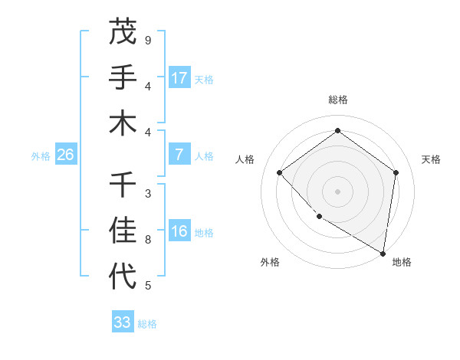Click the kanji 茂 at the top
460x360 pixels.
point(122,31)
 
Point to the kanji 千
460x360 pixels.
point(122,185)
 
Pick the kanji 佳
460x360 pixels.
point(122,231)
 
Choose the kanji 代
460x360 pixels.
point(122,277)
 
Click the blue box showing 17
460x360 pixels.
point(179,77)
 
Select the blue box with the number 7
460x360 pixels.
point(179,155)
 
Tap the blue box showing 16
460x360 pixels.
point(179,231)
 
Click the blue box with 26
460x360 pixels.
point(65,155)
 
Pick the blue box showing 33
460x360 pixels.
point(122,322)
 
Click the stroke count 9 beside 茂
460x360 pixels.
point(148,40)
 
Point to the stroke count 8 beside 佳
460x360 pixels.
point(148,240)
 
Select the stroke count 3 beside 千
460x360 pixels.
point(148,193)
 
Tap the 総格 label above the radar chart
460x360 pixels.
point(337,100)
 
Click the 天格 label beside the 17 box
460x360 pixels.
point(204,79)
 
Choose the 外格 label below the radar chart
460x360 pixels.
point(270,262)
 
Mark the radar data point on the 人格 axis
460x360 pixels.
point(280,172)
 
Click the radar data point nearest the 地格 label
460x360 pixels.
point(383,252)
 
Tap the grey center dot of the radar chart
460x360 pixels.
point(337,191)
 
